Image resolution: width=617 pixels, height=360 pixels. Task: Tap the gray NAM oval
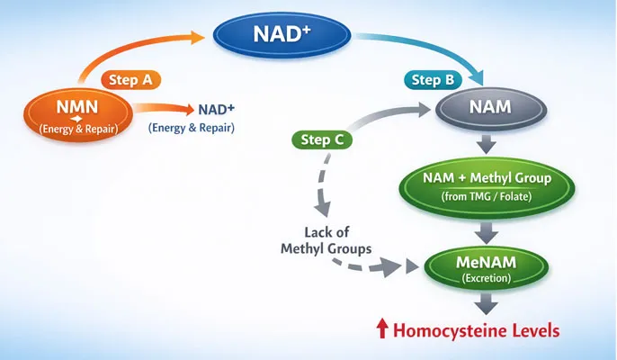coord(491,108)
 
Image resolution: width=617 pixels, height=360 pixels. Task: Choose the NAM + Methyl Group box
coord(487,185)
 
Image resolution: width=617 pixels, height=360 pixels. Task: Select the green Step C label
coord(322,139)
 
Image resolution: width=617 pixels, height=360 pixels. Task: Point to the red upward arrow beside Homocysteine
coord(382,330)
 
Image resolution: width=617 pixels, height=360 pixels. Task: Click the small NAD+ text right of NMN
coord(215,110)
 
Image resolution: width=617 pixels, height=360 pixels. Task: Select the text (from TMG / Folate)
coord(487,195)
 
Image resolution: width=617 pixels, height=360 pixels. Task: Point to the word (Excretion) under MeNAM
coord(487,279)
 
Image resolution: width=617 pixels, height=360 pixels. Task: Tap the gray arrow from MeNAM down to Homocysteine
coord(487,304)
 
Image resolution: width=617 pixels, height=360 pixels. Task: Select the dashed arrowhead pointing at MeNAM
coord(408,266)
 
